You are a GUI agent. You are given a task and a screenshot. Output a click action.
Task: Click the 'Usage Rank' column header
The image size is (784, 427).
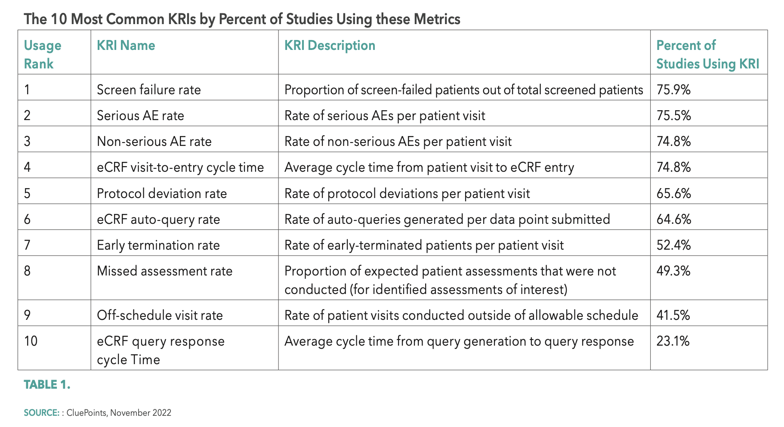42,54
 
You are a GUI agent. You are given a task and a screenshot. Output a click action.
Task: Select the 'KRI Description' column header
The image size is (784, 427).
330,45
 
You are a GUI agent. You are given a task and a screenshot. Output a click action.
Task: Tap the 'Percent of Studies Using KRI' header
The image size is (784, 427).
707,54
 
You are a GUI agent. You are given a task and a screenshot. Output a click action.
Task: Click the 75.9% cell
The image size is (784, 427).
673,90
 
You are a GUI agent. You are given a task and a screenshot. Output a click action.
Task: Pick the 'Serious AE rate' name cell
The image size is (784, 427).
140,115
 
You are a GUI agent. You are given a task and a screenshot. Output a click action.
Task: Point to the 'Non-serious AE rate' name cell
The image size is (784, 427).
154,141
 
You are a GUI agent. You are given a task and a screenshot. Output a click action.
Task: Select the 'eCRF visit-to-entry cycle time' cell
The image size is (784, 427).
180,167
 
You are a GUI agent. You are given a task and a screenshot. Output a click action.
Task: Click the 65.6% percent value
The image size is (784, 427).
673,193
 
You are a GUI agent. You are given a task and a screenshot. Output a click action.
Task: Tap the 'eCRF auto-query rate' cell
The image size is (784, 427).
158,219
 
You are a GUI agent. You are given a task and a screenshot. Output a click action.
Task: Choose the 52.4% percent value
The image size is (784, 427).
673,245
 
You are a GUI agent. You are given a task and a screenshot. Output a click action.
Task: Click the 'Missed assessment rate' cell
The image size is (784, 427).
164,271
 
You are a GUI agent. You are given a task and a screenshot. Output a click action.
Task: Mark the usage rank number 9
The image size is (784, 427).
27,315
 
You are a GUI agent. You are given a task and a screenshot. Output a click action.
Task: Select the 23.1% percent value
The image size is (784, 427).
673,341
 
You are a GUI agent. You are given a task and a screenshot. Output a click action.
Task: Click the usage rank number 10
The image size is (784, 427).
31,341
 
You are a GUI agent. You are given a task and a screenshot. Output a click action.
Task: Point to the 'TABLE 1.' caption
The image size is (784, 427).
47,384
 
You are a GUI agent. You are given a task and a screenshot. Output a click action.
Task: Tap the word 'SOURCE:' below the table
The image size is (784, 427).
41,413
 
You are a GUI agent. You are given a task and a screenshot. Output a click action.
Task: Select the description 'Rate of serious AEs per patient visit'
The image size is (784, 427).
385,115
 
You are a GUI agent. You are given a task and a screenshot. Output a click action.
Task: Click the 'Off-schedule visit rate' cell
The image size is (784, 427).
160,315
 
